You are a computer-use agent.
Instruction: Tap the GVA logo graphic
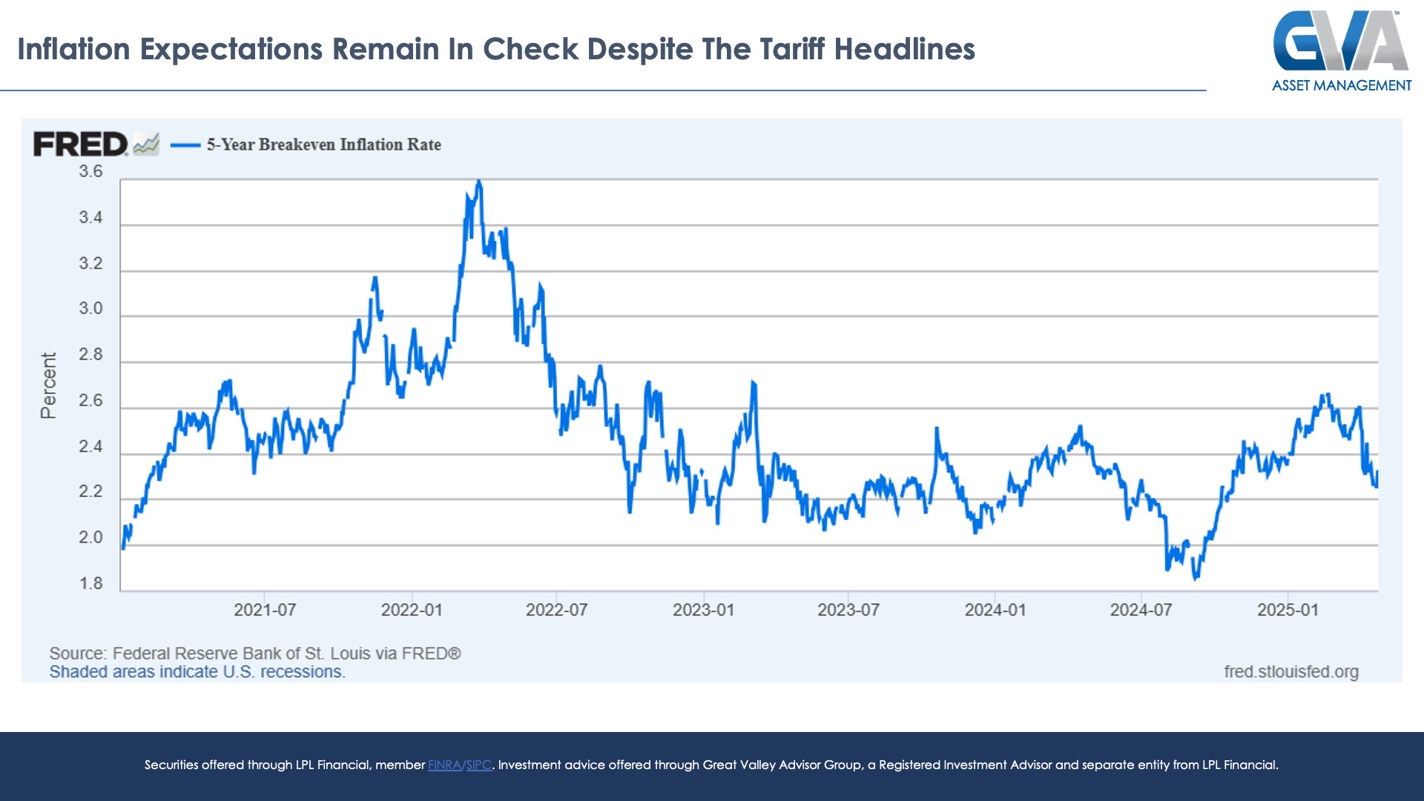1341,41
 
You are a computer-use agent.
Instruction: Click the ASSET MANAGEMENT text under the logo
1341,85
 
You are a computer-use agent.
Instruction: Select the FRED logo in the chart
81,144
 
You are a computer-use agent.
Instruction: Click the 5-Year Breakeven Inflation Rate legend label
323,145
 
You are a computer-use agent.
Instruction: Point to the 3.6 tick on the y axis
90,171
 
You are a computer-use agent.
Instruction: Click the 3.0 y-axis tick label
90,309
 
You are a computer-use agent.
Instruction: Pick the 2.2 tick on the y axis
90,492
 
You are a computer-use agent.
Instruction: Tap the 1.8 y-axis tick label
90,584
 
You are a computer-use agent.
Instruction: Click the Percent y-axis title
48,386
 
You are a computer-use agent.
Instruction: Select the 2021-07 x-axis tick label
265,610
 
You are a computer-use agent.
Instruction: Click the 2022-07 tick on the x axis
556,610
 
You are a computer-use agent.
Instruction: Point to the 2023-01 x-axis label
703,610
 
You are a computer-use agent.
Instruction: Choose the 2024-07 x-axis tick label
1141,610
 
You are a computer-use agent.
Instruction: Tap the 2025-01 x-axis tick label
1288,610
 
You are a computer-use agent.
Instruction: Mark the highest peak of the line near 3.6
479,181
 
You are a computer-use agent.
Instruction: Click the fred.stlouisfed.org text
1291,671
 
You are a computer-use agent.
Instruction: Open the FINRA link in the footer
444,765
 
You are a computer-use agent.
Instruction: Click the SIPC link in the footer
478,765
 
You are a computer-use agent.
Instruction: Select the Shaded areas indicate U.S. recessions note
197,672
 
